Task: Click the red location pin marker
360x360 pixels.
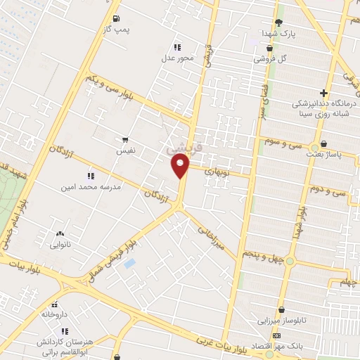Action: (x=181, y=166)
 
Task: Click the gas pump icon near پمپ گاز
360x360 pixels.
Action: (x=116, y=18)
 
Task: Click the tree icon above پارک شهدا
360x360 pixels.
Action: (x=278, y=22)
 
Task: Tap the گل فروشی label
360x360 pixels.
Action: (x=273, y=59)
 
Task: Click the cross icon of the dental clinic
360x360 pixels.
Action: (x=323, y=92)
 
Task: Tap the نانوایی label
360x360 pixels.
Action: (x=60, y=245)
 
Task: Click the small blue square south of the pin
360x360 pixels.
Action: (x=129, y=263)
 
